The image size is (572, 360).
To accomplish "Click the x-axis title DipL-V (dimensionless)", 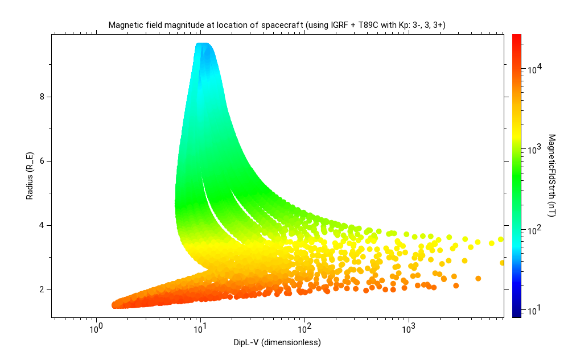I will (277, 342).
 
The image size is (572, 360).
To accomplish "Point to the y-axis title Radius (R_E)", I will (29, 175).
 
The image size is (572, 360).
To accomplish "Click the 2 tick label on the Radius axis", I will (42, 289).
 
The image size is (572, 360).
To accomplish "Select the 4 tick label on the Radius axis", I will (42, 225).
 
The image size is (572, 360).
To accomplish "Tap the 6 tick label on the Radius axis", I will (42, 161).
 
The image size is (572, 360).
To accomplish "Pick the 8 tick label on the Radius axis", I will (42, 97).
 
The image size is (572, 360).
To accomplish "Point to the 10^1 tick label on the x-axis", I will (200, 329).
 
